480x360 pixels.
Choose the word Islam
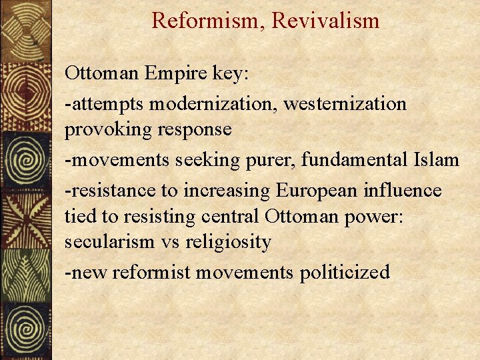437,160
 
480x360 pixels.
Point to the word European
315,191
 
